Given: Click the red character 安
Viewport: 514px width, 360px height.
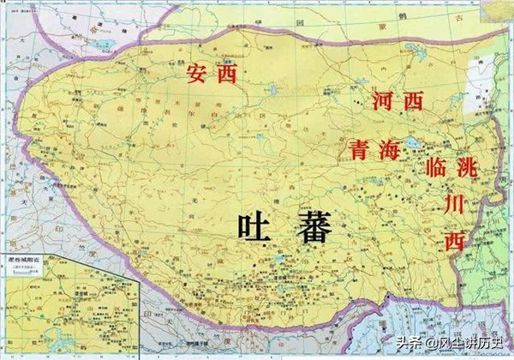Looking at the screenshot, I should (x=198, y=75).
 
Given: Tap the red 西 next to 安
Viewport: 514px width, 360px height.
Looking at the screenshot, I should (x=226, y=75).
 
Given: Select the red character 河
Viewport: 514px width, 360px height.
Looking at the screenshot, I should (x=383, y=100).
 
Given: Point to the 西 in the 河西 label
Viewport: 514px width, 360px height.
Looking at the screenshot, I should (x=413, y=101).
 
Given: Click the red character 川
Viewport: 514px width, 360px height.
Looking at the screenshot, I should (x=453, y=204).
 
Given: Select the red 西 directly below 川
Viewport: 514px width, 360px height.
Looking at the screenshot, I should (x=453, y=241).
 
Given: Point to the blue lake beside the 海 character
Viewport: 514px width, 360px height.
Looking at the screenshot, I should (x=410, y=144).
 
